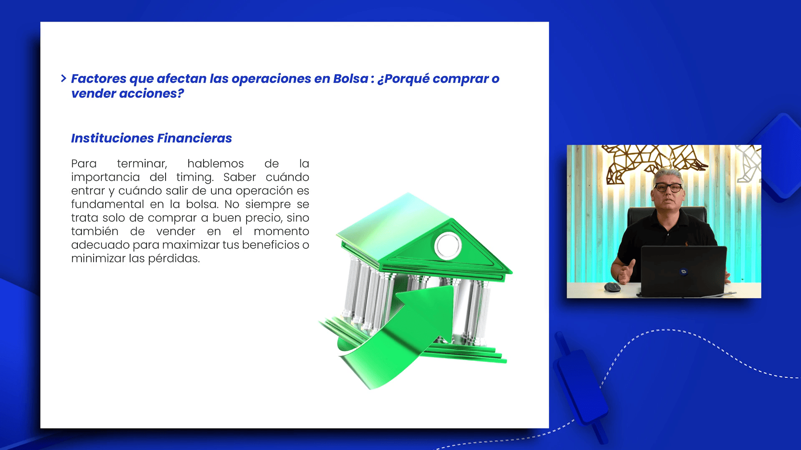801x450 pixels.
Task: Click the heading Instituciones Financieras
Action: (x=151, y=138)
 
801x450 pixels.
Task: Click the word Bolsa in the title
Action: (x=350, y=79)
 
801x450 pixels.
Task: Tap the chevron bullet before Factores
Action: (x=63, y=78)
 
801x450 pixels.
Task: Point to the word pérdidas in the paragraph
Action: (x=174, y=259)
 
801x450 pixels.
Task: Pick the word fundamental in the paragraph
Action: (x=108, y=205)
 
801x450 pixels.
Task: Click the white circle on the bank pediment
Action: (x=448, y=245)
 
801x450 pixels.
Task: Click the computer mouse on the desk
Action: (x=612, y=287)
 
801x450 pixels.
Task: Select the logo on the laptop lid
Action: (x=683, y=272)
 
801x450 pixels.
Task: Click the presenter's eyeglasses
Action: (x=668, y=187)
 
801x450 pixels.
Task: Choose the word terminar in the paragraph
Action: (x=142, y=164)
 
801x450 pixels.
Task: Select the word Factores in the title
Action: (x=98, y=79)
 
